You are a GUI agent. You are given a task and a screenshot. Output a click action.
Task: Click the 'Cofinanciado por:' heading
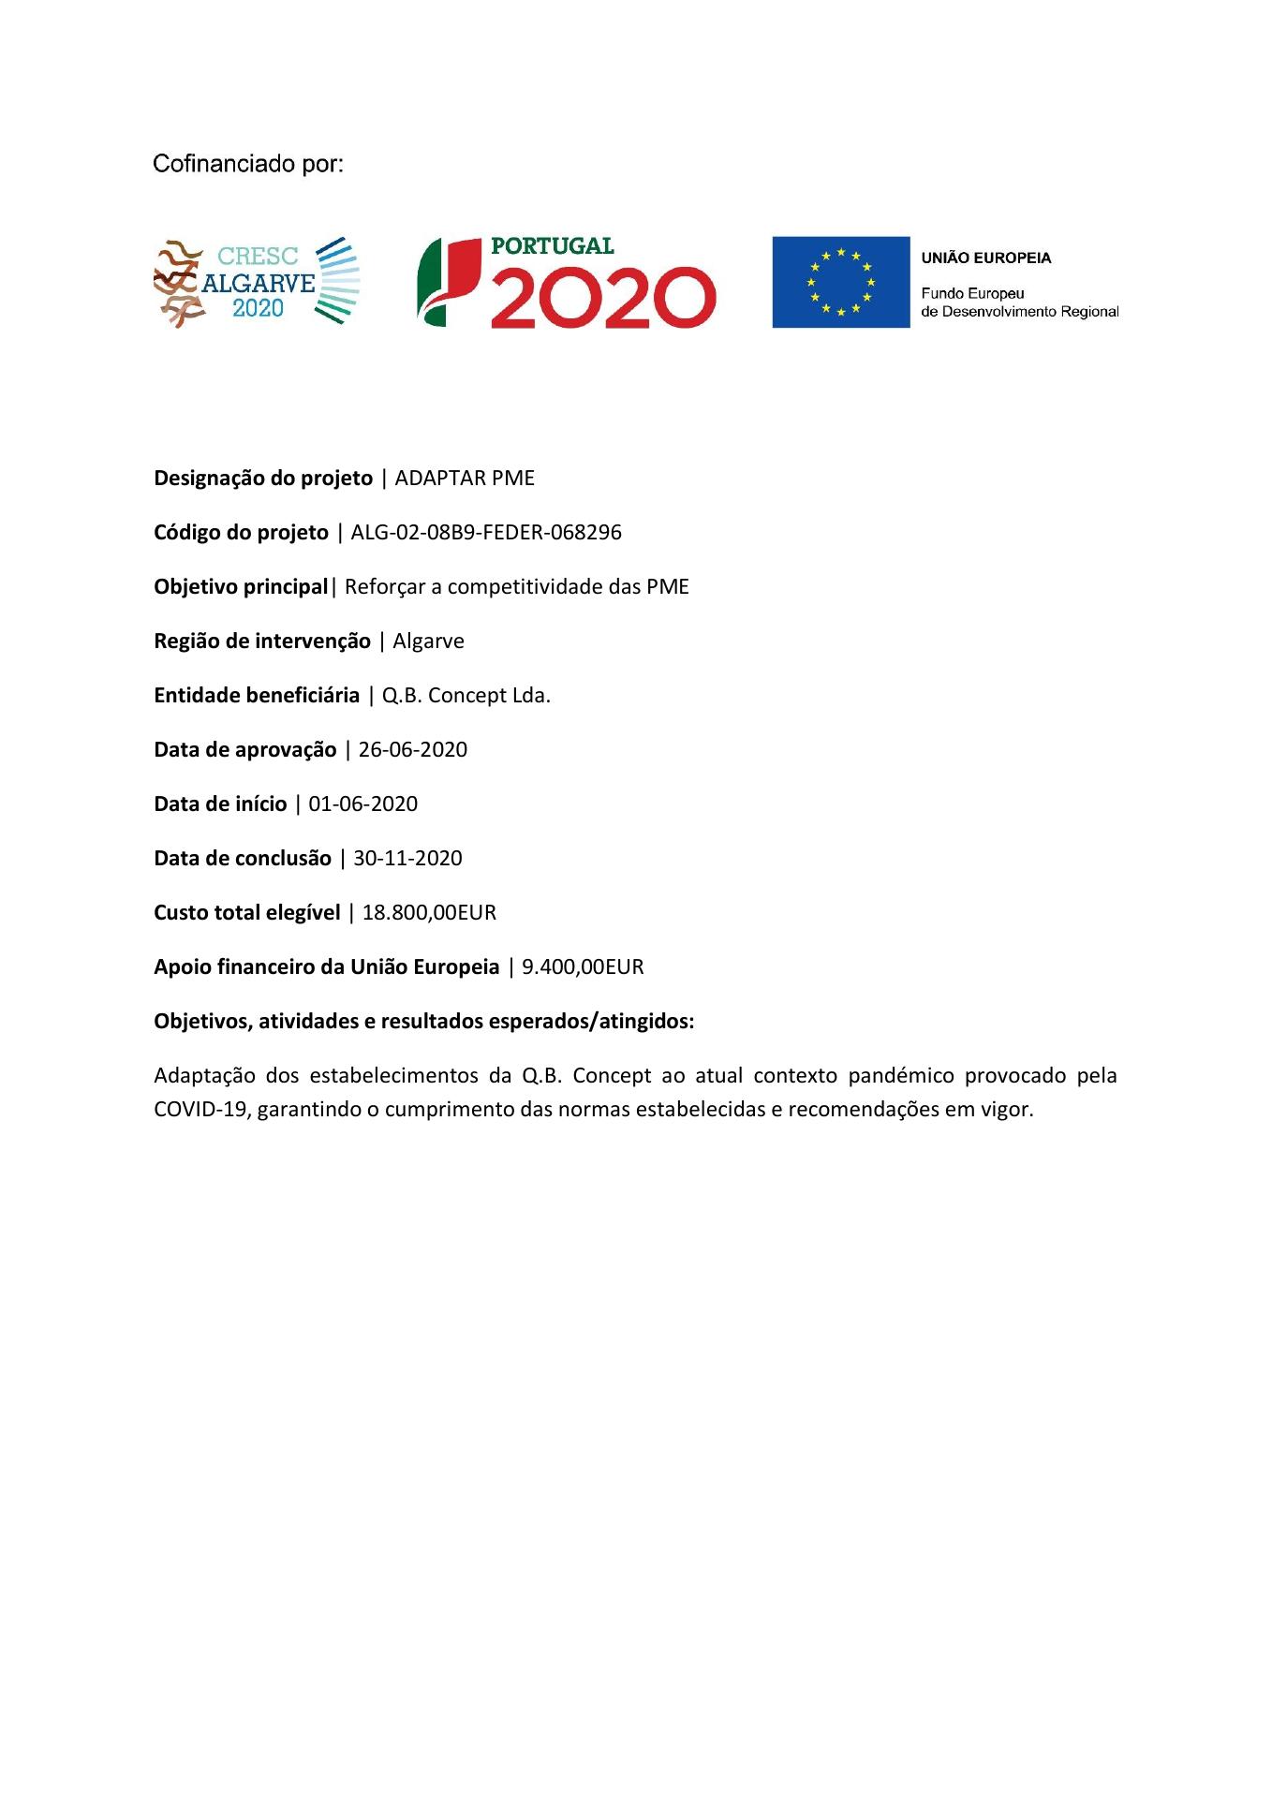pos(248,165)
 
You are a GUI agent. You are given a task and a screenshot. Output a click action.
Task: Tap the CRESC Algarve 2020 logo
pos(257,282)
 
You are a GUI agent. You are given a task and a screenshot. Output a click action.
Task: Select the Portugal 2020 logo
pos(567,282)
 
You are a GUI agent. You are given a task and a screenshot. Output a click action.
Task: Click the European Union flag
pos(840,282)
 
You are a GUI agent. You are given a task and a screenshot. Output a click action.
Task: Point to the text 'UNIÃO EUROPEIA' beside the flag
pos(986,258)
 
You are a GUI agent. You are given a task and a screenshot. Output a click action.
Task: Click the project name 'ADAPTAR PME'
pos(465,479)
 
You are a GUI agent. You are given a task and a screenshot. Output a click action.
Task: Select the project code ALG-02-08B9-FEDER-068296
pos(486,533)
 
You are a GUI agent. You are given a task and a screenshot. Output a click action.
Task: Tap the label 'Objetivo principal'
pos(241,587)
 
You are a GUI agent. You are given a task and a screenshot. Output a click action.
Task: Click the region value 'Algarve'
pos(428,641)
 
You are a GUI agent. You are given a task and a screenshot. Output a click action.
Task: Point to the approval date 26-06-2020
pos(412,750)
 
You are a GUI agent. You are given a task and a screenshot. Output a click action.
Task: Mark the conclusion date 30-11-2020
pos(407,859)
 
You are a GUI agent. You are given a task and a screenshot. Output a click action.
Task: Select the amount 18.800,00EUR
pos(429,913)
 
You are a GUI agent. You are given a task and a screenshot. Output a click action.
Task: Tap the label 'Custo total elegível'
pos(247,913)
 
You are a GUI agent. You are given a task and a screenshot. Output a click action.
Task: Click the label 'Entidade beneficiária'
pos(257,696)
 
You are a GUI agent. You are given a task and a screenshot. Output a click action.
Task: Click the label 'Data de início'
pos(220,804)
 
